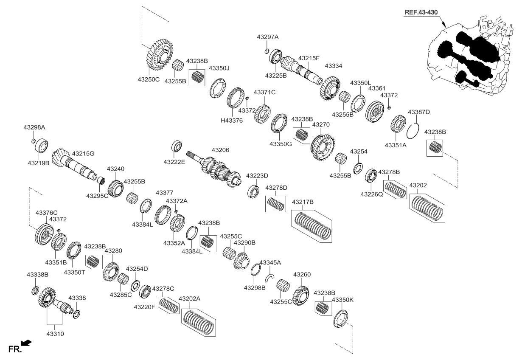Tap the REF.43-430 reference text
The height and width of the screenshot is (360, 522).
(420, 12)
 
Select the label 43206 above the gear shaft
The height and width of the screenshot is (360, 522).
(220, 150)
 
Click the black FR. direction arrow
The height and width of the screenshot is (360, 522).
(26, 342)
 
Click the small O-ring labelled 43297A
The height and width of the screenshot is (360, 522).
(266, 51)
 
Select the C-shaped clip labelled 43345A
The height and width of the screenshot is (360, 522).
(269, 278)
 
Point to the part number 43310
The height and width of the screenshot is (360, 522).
(55, 334)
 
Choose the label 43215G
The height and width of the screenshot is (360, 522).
(83, 153)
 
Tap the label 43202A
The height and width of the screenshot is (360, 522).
(190, 299)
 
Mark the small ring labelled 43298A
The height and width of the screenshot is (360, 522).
(34, 141)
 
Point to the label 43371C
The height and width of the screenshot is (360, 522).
(264, 92)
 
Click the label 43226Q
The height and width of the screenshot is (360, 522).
(371, 194)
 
